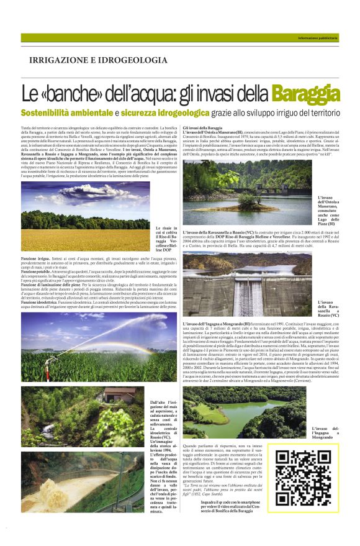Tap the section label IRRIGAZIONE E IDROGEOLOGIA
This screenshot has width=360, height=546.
pos(98,60)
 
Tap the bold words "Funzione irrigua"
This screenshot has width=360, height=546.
pos(35,257)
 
